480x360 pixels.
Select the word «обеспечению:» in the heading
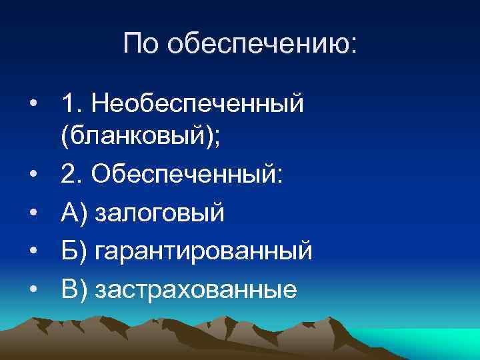[262, 45]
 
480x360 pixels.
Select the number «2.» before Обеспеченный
[71, 174]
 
